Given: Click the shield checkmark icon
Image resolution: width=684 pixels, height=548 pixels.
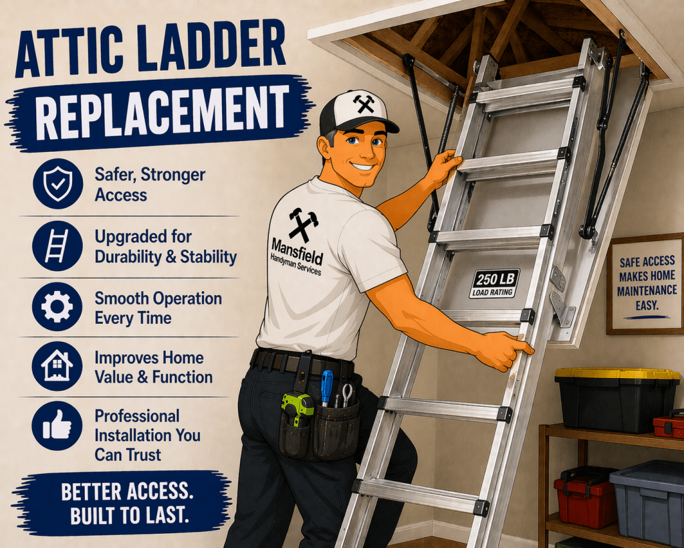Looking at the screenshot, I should [x=58, y=184].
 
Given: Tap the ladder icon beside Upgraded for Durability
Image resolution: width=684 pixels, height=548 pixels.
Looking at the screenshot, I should [x=58, y=246].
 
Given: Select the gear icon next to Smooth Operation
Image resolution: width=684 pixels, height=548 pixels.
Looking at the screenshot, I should [x=58, y=306].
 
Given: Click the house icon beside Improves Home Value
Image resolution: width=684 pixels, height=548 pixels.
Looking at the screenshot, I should [x=58, y=366].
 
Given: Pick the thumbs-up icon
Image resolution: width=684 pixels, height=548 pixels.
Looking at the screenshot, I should [x=58, y=425].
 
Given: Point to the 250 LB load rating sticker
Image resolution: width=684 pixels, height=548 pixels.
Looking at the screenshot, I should [x=494, y=283].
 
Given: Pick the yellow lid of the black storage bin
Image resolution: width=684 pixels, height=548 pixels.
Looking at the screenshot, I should [x=616, y=373].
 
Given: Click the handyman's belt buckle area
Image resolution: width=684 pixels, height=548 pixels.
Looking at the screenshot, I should [x=304, y=362].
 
